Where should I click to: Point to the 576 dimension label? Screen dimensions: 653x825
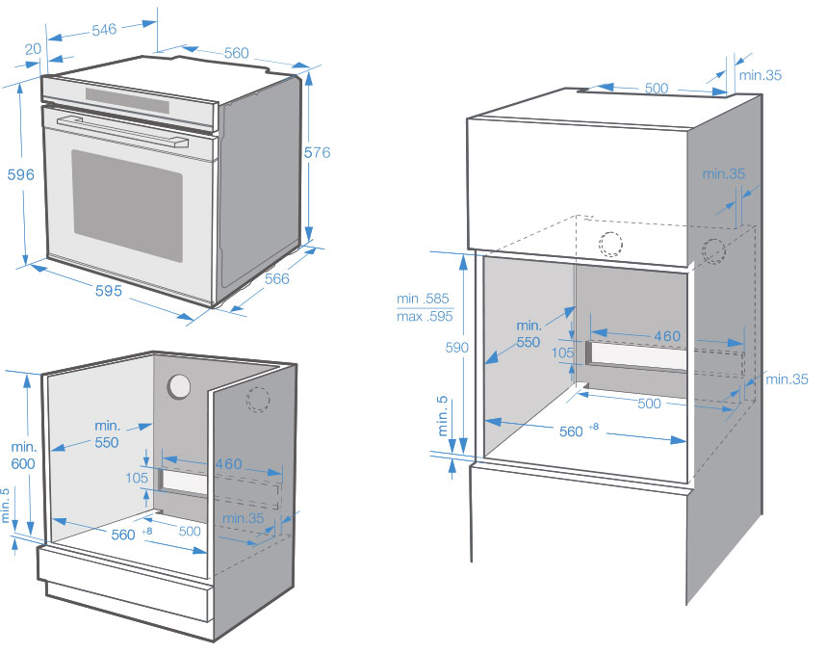tap(317, 152)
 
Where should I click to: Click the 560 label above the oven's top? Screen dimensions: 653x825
tap(235, 53)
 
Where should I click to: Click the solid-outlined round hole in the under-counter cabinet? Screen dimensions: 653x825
tap(179, 387)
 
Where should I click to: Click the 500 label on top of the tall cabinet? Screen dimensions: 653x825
tap(657, 88)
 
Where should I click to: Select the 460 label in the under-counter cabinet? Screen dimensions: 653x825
tap(227, 464)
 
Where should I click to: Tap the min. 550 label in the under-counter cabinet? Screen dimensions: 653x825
tap(107, 433)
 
